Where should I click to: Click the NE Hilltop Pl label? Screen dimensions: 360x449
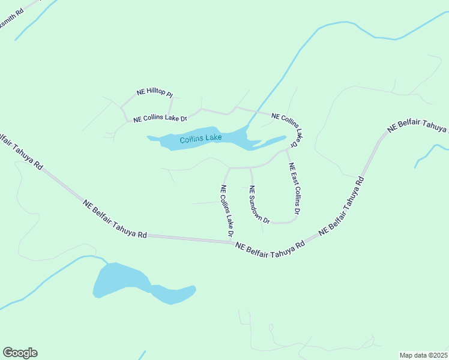pyautogui.click(x=154, y=93)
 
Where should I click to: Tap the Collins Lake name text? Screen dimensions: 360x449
pyautogui.click(x=200, y=139)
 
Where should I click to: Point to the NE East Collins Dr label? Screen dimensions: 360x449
pyautogui.click(x=294, y=189)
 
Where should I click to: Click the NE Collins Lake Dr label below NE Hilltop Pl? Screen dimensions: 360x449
pyautogui.click(x=160, y=119)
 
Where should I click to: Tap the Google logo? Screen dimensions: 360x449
pyautogui.click(x=20, y=353)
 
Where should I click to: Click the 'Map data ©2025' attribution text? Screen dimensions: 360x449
pyautogui.click(x=423, y=355)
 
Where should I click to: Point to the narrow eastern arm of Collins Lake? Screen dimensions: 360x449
pyautogui.click(x=273, y=142)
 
